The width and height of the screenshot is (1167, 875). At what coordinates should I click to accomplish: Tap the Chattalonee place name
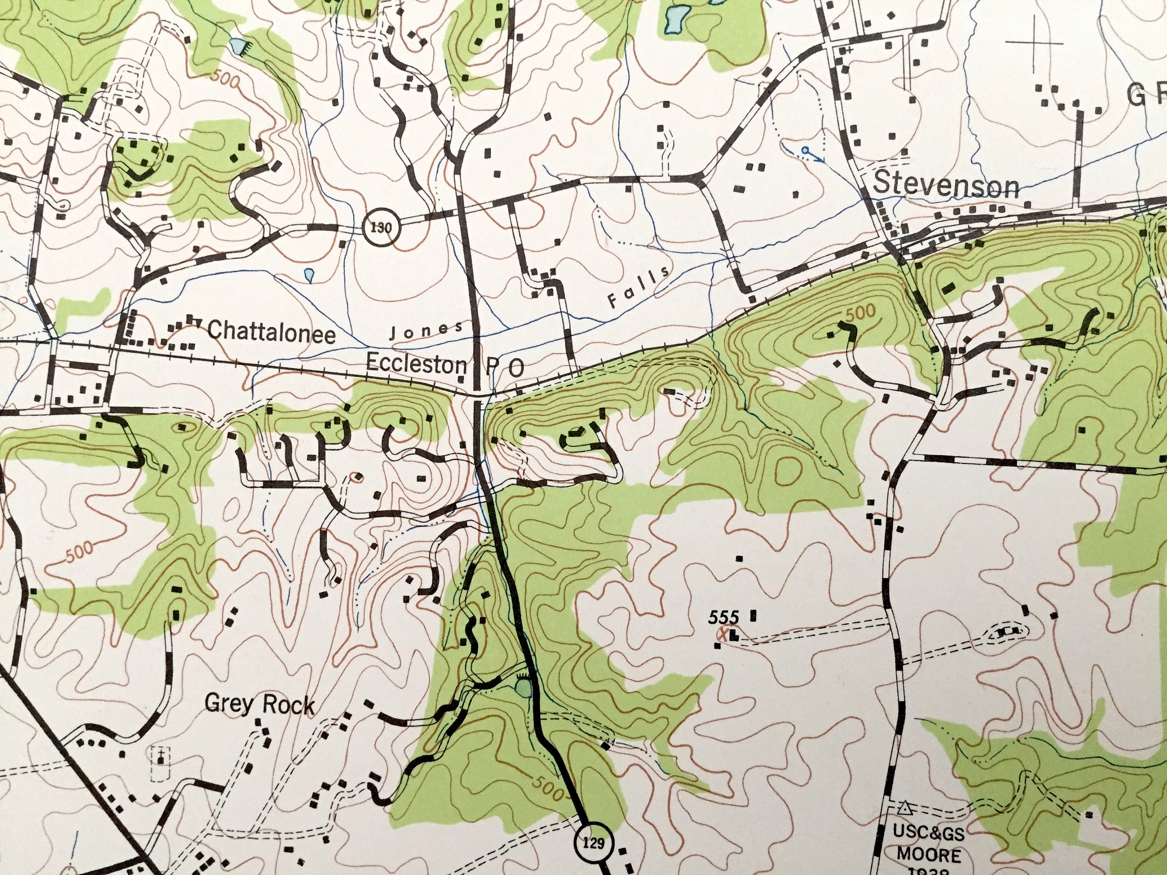tap(272, 333)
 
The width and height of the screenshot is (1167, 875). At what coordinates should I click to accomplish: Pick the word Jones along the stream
tap(426, 330)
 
